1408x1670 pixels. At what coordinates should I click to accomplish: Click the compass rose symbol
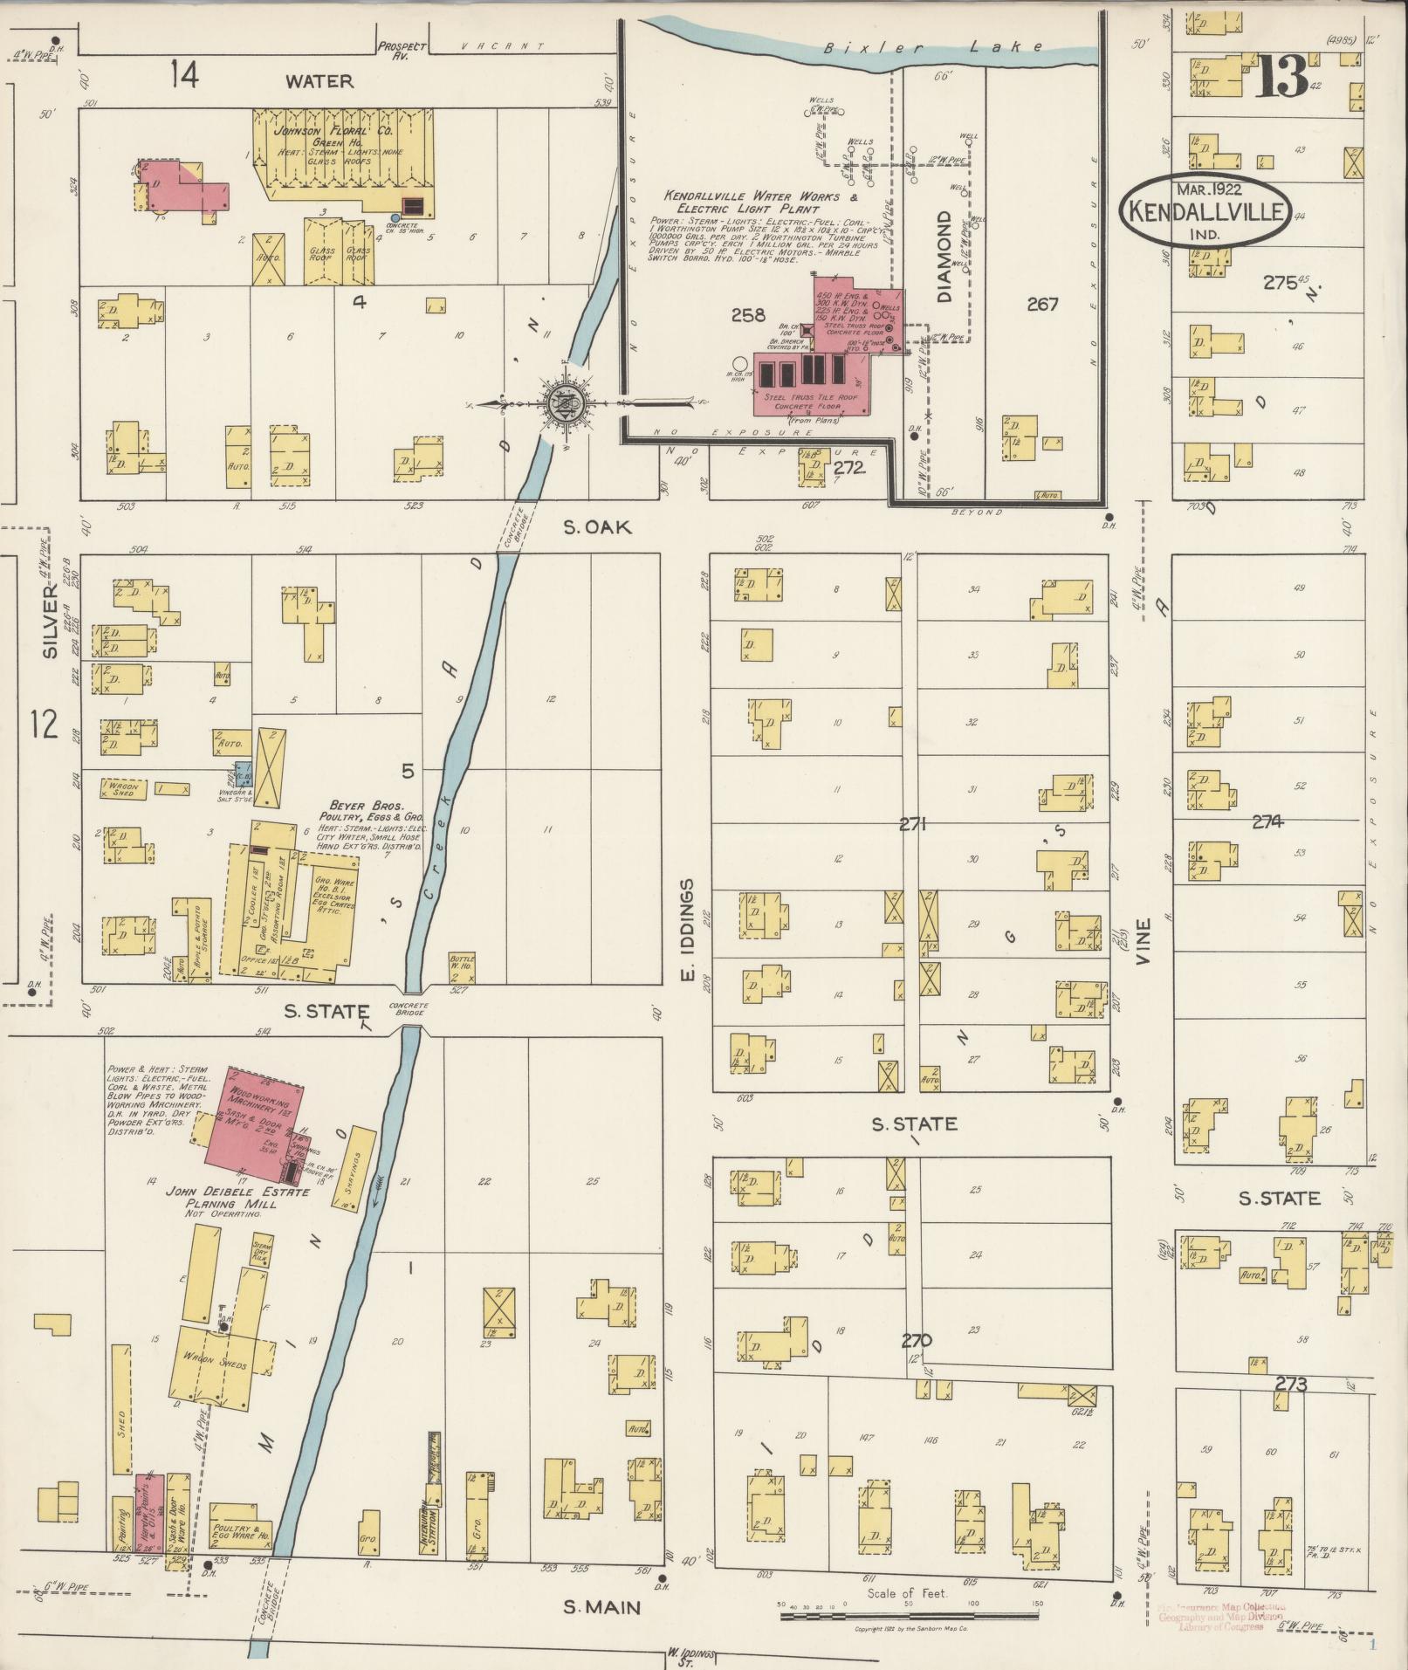(564, 402)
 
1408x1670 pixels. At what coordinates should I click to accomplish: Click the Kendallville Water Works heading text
(741, 202)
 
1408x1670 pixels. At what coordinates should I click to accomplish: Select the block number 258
(748, 315)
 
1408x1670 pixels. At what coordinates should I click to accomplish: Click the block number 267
(1042, 304)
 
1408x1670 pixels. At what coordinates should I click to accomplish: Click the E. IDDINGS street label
(686, 931)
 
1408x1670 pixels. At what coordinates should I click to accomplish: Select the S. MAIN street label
(601, 1607)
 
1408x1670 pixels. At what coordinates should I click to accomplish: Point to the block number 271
(913, 823)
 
